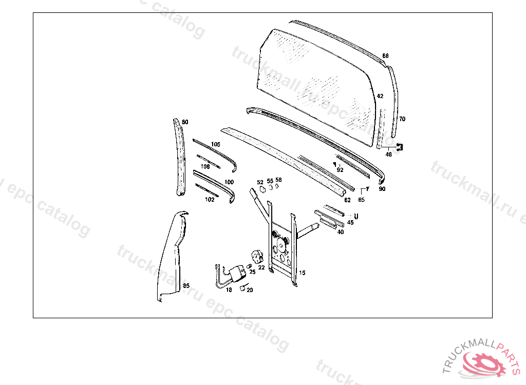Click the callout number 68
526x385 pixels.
point(385,55)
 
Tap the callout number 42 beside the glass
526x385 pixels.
point(380,96)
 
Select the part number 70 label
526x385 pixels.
point(402,119)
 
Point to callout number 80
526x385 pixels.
point(185,122)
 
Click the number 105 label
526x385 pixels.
point(216,144)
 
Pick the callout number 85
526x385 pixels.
point(186,286)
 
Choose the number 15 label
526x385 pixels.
point(302,273)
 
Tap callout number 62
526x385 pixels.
point(348,200)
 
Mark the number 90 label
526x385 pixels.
point(382,189)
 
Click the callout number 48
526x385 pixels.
point(388,155)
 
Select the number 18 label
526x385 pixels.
point(229,290)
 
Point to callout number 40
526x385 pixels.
point(341,232)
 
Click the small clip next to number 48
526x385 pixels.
point(400,147)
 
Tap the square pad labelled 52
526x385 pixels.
point(262,190)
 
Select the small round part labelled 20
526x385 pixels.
point(242,288)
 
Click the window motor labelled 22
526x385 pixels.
point(257,257)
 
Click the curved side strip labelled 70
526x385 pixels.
point(393,101)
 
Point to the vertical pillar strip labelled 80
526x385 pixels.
point(180,157)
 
